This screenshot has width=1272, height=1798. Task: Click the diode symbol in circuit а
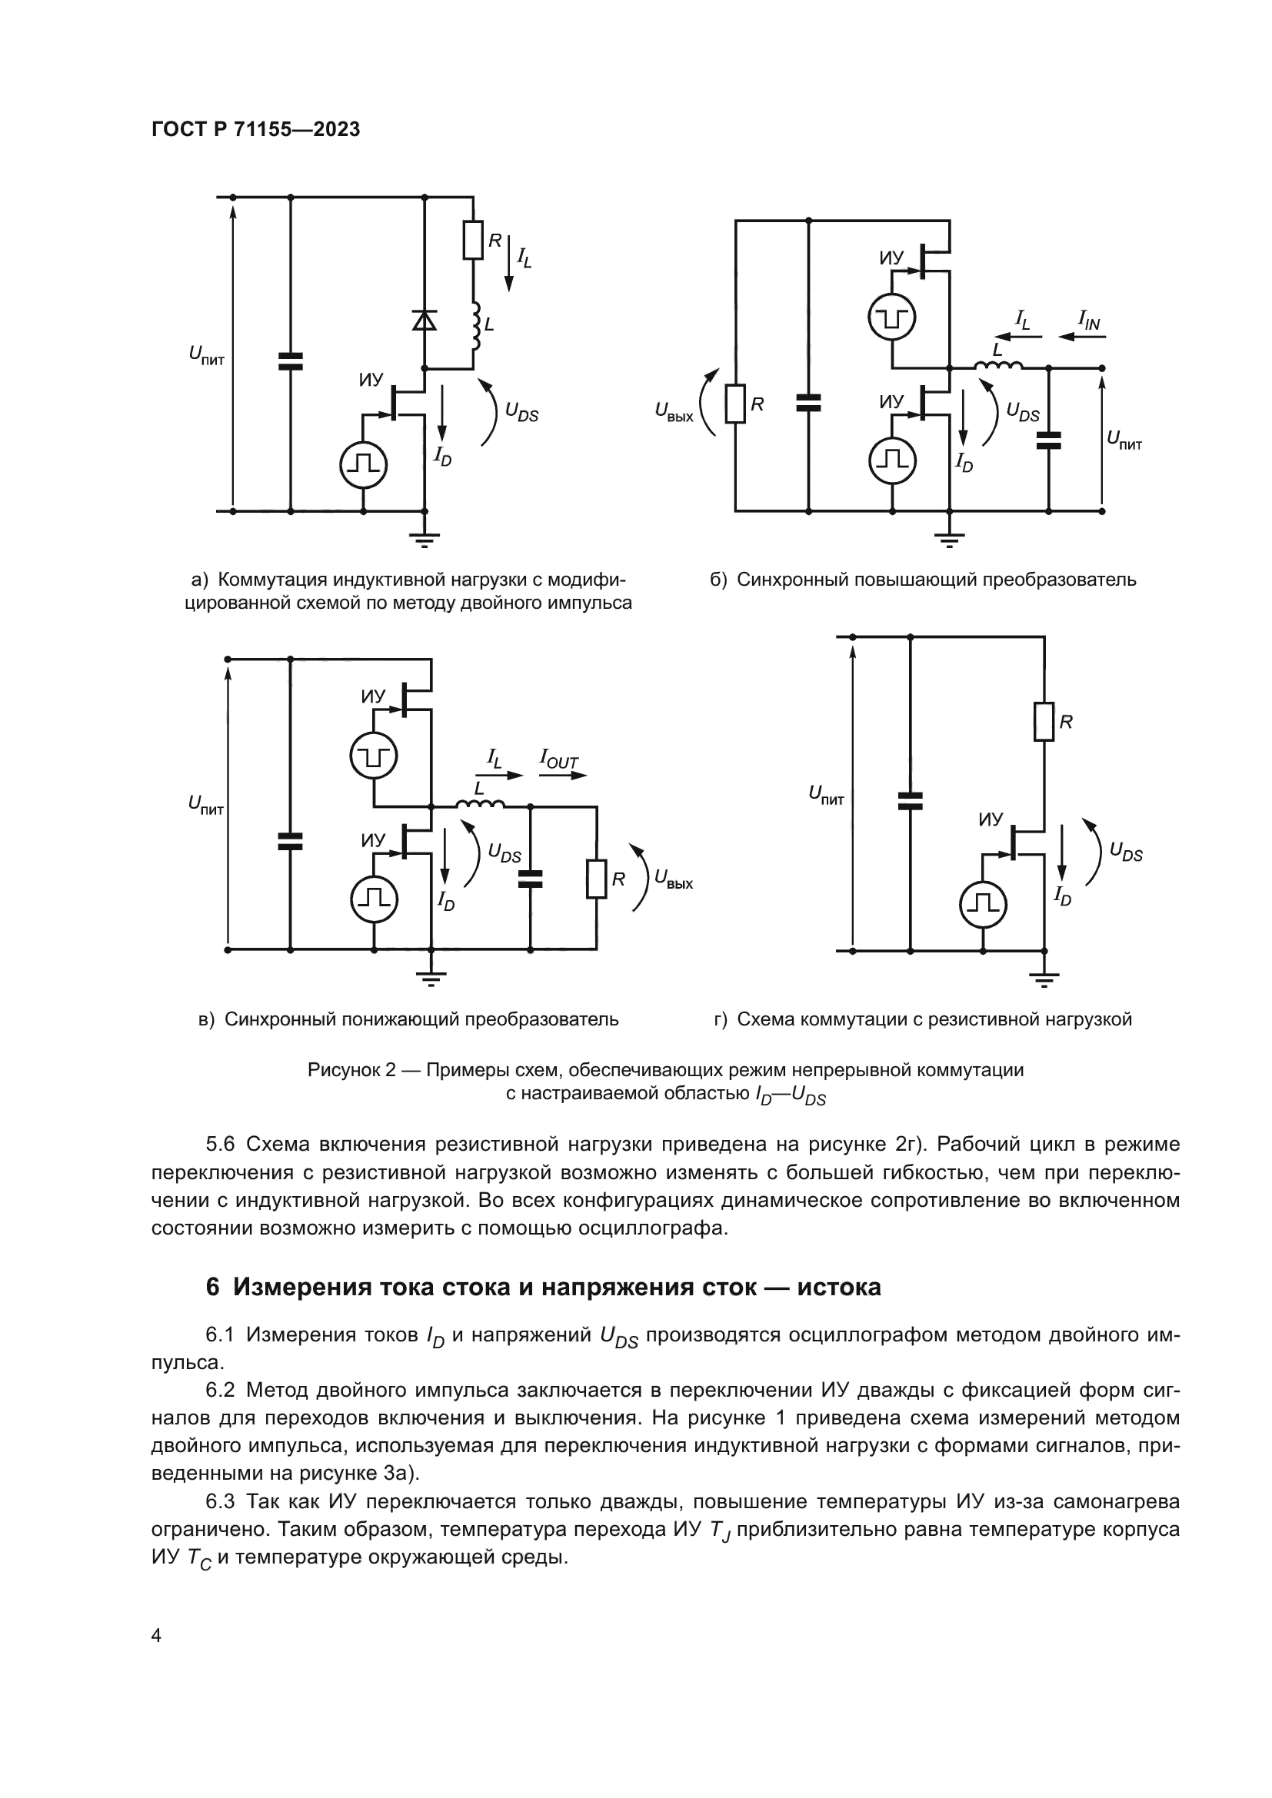425,321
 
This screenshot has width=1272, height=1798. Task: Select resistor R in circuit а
473,241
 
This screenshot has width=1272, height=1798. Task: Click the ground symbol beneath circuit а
425,539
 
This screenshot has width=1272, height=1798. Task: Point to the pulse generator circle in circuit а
363,464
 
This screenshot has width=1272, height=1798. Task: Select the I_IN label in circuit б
1089,320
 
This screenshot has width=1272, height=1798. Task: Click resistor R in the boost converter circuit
734,404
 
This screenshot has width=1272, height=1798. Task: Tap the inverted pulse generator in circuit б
892,318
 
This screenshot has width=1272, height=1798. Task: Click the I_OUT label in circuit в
558,759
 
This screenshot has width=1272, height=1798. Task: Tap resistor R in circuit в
597,879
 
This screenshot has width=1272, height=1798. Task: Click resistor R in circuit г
1044,722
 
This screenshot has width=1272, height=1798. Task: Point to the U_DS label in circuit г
1126,852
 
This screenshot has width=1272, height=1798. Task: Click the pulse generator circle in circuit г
983,905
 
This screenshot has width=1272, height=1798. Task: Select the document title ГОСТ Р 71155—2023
255,130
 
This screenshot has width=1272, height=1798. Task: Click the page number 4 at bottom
156,1636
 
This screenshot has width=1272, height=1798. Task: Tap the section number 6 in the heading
212,1287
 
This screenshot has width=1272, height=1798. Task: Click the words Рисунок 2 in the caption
351,1070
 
